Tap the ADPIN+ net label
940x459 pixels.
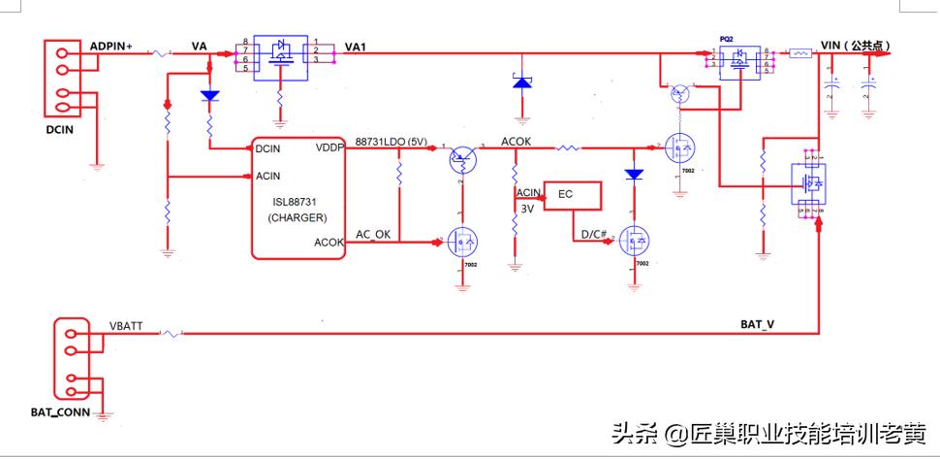coord(111,47)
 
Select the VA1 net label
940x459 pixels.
coord(357,47)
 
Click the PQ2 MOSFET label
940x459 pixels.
coord(726,39)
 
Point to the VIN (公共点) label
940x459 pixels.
coord(855,46)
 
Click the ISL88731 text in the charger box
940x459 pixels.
coord(299,202)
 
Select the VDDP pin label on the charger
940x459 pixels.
coord(329,148)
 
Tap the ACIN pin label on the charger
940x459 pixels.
coord(268,176)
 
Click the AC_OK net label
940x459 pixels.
coord(373,235)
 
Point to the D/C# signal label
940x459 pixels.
coord(592,234)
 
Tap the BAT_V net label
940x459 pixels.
coord(757,324)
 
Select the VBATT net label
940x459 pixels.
coord(126,327)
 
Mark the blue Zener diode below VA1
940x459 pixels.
coord(522,83)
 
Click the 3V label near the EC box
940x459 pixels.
coord(527,208)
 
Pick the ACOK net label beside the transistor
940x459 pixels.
coord(516,142)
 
